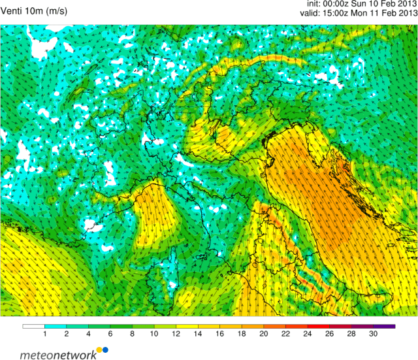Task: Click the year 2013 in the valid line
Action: pos(404,14)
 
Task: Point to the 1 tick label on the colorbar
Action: pos(44,335)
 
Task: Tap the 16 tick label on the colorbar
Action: pos(219,335)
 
